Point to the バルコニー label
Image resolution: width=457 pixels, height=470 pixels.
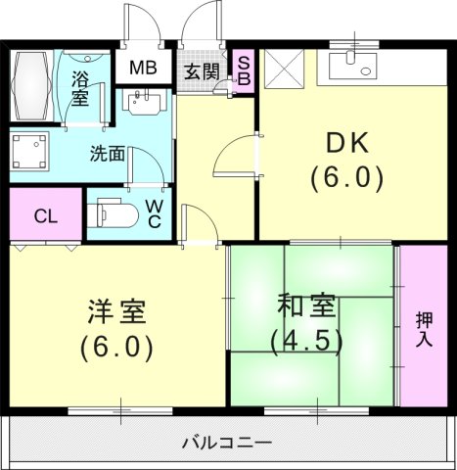[227, 443]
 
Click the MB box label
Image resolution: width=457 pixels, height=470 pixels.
[143, 69]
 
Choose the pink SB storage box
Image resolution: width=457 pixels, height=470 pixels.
[245, 68]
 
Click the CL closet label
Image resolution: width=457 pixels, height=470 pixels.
[44, 215]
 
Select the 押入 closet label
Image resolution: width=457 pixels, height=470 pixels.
[425, 330]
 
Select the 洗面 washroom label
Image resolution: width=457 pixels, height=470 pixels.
[107, 154]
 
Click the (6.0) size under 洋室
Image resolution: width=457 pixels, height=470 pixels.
[115, 348]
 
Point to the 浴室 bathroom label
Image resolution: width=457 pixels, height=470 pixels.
[79, 87]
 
